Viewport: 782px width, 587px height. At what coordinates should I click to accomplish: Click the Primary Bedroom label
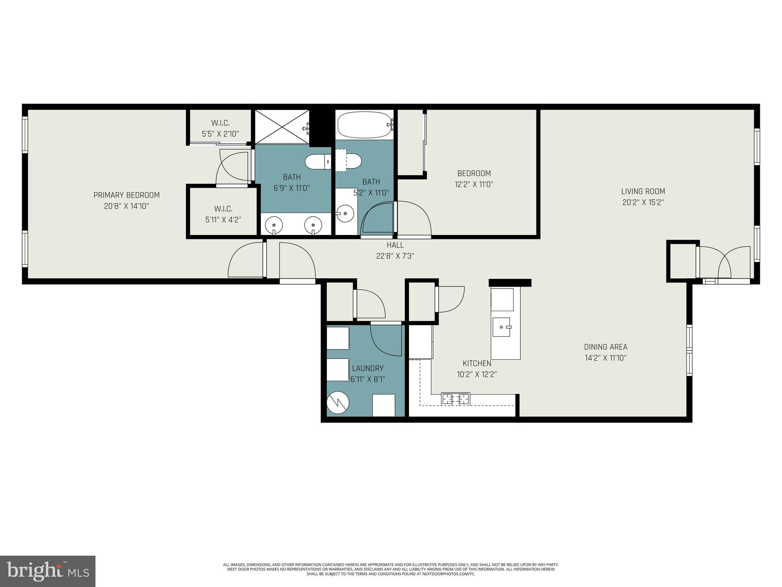click(126, 195)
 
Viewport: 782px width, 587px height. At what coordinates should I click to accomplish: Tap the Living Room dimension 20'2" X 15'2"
click(643, 203)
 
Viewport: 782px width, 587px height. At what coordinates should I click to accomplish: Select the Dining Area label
click(606, 347)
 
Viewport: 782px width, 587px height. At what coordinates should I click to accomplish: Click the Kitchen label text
click(477, 363)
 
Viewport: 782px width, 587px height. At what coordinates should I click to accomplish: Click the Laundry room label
click(368, 368)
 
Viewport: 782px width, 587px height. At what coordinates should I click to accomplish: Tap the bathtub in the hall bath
click(365, 125)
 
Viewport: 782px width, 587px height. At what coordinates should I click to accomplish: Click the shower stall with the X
click(282, 127)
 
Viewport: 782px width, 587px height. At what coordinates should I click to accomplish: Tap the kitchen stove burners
click(456, 399)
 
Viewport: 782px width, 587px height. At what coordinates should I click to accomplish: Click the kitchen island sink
click(501, 327)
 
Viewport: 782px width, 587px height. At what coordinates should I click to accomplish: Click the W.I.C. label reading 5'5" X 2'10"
click(220, 128)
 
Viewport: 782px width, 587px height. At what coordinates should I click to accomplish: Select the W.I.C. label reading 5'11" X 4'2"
click(223, 214)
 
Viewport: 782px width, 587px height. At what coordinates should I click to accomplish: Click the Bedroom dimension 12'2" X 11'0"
click(474, 184)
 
